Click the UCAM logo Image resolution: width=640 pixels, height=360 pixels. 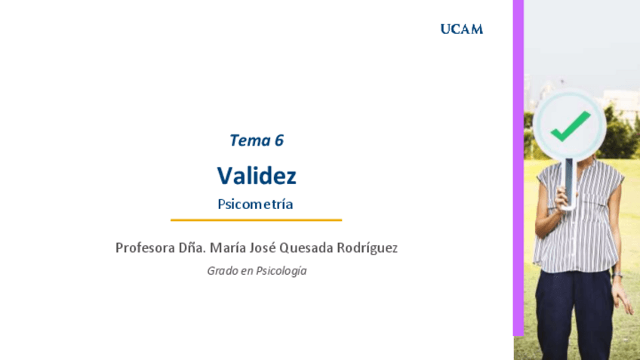[461, 29]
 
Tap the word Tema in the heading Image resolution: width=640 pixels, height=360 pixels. [248, 140]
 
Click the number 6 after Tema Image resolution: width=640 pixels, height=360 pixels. [279, 140]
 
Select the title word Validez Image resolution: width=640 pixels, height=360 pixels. [257, 176]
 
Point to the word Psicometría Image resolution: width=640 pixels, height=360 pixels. [255, 204]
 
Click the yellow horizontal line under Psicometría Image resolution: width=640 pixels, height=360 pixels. [256, 220]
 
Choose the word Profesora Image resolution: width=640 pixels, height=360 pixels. [144, 248]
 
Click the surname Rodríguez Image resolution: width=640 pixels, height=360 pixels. [371, 248]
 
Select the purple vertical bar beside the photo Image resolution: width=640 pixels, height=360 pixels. [518, 166]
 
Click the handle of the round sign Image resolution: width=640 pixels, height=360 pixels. [568, 185]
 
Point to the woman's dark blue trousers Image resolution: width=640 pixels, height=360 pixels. [574, 309]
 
